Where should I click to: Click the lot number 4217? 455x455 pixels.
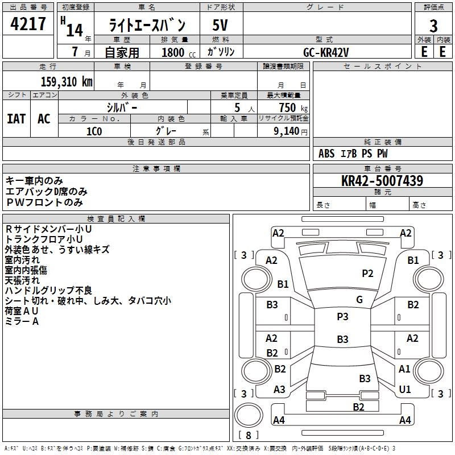pyautogui.click(x=28, y=24)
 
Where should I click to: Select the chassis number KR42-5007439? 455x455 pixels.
pyautogui.click(x=382, y=181)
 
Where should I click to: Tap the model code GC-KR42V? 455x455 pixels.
pyautogui.click(x=326, y=52)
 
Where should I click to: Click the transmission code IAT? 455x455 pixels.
pyautogui.click(x=16, y=118)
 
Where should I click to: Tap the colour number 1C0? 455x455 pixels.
pyautogui.click(x=94, y=131)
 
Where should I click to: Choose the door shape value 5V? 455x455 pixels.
pyautogui.click(x=220, y=26)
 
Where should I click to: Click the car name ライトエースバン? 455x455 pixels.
pyautogui.click(x=147, y=26)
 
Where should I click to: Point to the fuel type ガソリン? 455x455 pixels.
pyautogui.click(x=221, y=52)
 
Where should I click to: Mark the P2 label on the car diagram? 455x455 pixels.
pyautogui.click(x=368, y=274)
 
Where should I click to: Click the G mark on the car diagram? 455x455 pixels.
pyautogui.click(x=359, y=300)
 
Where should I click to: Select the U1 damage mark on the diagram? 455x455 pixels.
pyautogui.click(x=405, y=390)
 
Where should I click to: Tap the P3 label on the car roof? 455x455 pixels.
pyautogui.click(x=342, y=317)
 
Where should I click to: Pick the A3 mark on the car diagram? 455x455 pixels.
pyautogui.click(x=279, y=390)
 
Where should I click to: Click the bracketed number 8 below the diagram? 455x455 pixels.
pyautogui.click(x=248, y=435)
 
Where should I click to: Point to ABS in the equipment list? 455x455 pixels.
pyautogui.click(x=326, y=154)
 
